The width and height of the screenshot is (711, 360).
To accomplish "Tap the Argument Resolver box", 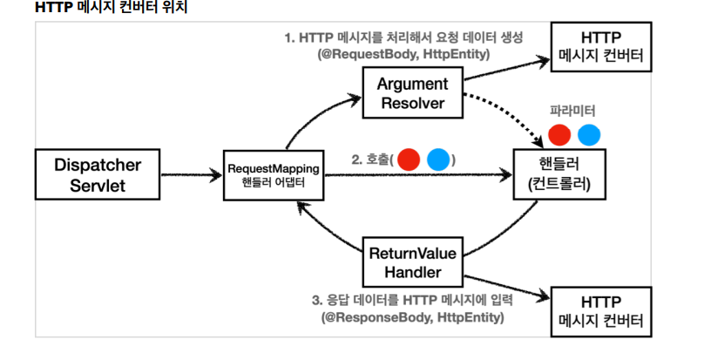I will [x=412, y=94].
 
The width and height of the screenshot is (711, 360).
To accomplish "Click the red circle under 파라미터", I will [x=560, y=135].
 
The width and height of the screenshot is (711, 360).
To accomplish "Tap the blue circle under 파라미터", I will [x=590, y=135].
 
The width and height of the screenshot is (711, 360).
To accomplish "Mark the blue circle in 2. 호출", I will [x=438, y=160].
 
